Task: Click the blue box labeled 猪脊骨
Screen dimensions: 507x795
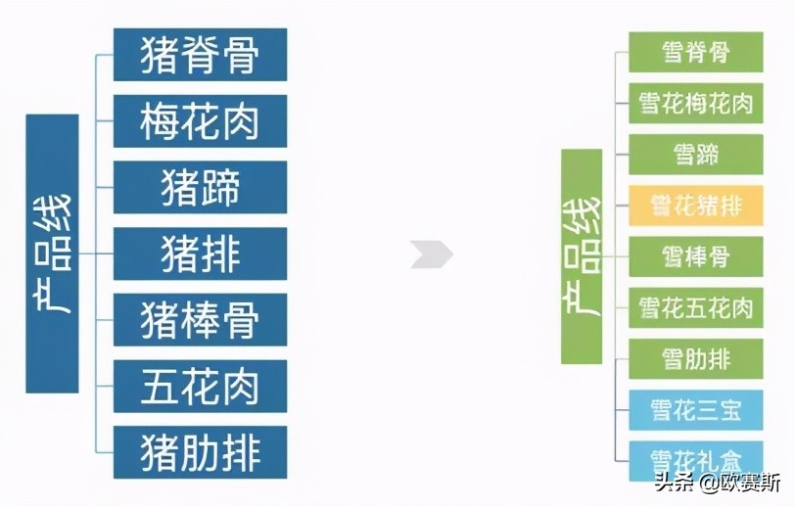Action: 200,55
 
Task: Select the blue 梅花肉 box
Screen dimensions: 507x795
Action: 200,121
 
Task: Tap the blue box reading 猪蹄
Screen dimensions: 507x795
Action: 200,187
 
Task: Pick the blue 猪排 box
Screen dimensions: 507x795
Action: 200,253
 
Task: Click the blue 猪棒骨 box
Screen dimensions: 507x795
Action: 200,320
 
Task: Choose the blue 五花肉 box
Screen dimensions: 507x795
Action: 200,386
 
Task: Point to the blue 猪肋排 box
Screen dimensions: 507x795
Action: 200,452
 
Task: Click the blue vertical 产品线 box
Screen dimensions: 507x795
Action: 52,253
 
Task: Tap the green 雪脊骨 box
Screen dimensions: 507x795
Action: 695,52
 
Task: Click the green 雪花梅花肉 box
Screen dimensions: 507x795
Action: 695,103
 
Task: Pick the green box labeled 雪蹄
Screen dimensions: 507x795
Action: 695,155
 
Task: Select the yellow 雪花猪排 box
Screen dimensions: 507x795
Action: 695,206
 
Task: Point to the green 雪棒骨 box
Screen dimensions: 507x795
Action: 695,256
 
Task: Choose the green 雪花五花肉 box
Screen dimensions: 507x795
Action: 695,307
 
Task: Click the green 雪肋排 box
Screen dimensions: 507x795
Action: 695,358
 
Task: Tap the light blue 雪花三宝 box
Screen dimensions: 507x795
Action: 695,410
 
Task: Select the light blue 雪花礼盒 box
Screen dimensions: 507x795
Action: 695,457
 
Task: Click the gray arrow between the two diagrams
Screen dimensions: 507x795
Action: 432,254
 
